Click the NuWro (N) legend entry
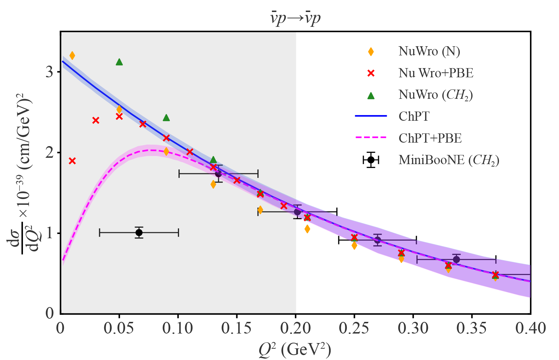[x=429, y=52]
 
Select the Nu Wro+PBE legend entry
[x=436, y=73]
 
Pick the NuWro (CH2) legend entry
[x=435, y=95]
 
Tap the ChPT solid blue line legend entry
[x=414, y=116]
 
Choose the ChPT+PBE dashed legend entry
[x=430, y=138]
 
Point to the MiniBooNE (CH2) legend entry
[x=448, y=160]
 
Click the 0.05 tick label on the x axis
[x=119, y=329]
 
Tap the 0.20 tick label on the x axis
[x=296, y=329]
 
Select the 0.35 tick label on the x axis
[x=472, y=329]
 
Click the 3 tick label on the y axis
[x=49, y=72]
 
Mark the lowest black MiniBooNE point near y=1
[x=139, y=233]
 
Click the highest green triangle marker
[x=119, y=62]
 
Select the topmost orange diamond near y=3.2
[x=72, y=55]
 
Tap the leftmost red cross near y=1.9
[x=72, y=161]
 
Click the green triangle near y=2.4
[x=166, y=118]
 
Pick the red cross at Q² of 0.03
[x=96, y=120]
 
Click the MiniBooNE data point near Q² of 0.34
[x=456, y=260]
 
